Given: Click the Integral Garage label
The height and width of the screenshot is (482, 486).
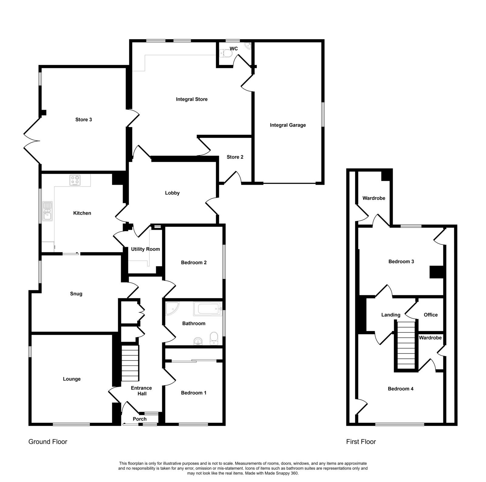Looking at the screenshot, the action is [288, 125].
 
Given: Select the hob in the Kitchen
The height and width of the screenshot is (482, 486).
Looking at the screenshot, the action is [75, 180].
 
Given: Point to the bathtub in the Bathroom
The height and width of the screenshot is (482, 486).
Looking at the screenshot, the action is [208, 309].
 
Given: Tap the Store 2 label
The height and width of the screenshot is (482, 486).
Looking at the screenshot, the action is [235, 157].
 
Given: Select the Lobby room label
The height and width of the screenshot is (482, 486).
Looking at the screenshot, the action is [172, 193].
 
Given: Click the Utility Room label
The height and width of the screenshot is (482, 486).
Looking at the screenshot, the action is [145, 249].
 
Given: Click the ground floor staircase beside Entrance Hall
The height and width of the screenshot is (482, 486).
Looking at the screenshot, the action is [130, 363].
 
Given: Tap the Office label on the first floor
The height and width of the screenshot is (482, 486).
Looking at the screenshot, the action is [431, 315].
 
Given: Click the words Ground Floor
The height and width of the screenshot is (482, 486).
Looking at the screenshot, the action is [48, 442].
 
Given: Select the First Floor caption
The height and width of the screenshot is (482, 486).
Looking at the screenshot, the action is [361, 442].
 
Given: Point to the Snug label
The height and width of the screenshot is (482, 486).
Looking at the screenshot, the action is [76, 294].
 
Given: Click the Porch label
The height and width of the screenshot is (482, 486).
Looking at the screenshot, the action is [140, 419].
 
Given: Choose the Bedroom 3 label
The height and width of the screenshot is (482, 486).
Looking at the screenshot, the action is [401, 262].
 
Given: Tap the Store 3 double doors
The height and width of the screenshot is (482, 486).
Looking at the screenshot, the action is [32, 141].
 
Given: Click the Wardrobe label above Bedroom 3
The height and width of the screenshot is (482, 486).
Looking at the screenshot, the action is [374, 198].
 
